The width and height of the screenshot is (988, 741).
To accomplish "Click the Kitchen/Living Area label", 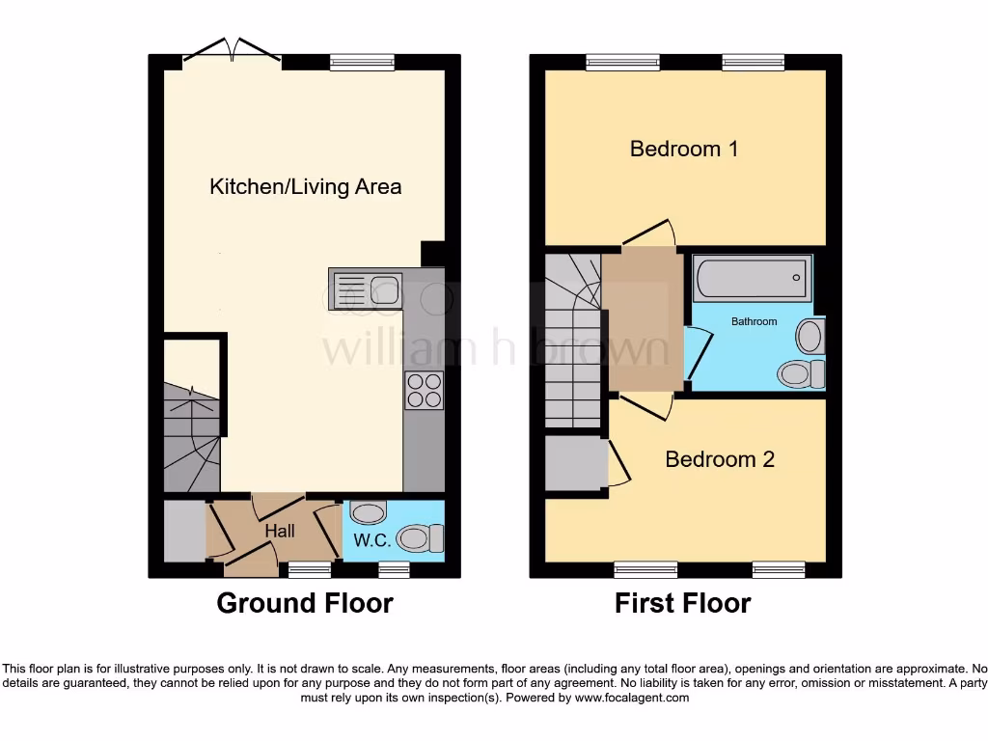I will tap(305, 186).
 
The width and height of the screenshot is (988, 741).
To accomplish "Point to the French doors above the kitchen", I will tap(232, 53).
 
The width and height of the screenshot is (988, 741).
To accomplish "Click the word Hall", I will tap(280, 531).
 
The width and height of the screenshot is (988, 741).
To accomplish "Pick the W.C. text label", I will tap(371, 540).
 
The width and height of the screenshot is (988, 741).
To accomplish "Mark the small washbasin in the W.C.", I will tap(367, 511).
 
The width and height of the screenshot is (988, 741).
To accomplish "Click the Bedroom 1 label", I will tap(684, 149).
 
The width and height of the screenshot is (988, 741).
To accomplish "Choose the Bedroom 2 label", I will tap(720, 459).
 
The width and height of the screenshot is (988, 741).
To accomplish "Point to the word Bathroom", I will tap(754, 321).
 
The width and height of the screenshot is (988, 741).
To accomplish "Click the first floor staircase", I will tap(571, 338).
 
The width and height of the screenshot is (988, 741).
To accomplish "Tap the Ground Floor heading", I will tap(305, 604).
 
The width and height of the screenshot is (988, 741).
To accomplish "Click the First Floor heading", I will tap(683, 604).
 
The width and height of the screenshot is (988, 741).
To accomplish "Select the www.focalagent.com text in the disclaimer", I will tap(633, 698).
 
